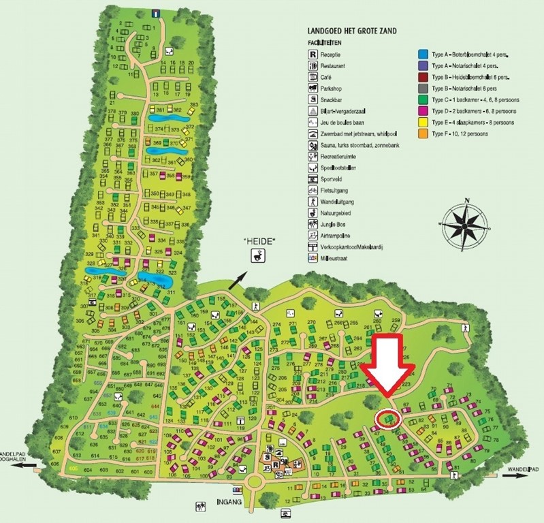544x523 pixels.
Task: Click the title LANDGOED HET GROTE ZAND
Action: [352, 31]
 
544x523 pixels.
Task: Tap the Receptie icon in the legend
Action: [313, 54]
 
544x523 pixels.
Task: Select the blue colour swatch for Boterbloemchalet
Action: [422, 54]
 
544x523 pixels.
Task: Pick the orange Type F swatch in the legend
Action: [422, 133]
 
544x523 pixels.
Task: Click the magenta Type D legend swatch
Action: [422, 110]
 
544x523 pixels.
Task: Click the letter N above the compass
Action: [467, 200]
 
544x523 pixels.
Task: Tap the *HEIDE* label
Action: [261, 242]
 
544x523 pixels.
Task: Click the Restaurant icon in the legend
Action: [313, 66]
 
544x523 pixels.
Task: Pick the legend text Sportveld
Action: [331, 178]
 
